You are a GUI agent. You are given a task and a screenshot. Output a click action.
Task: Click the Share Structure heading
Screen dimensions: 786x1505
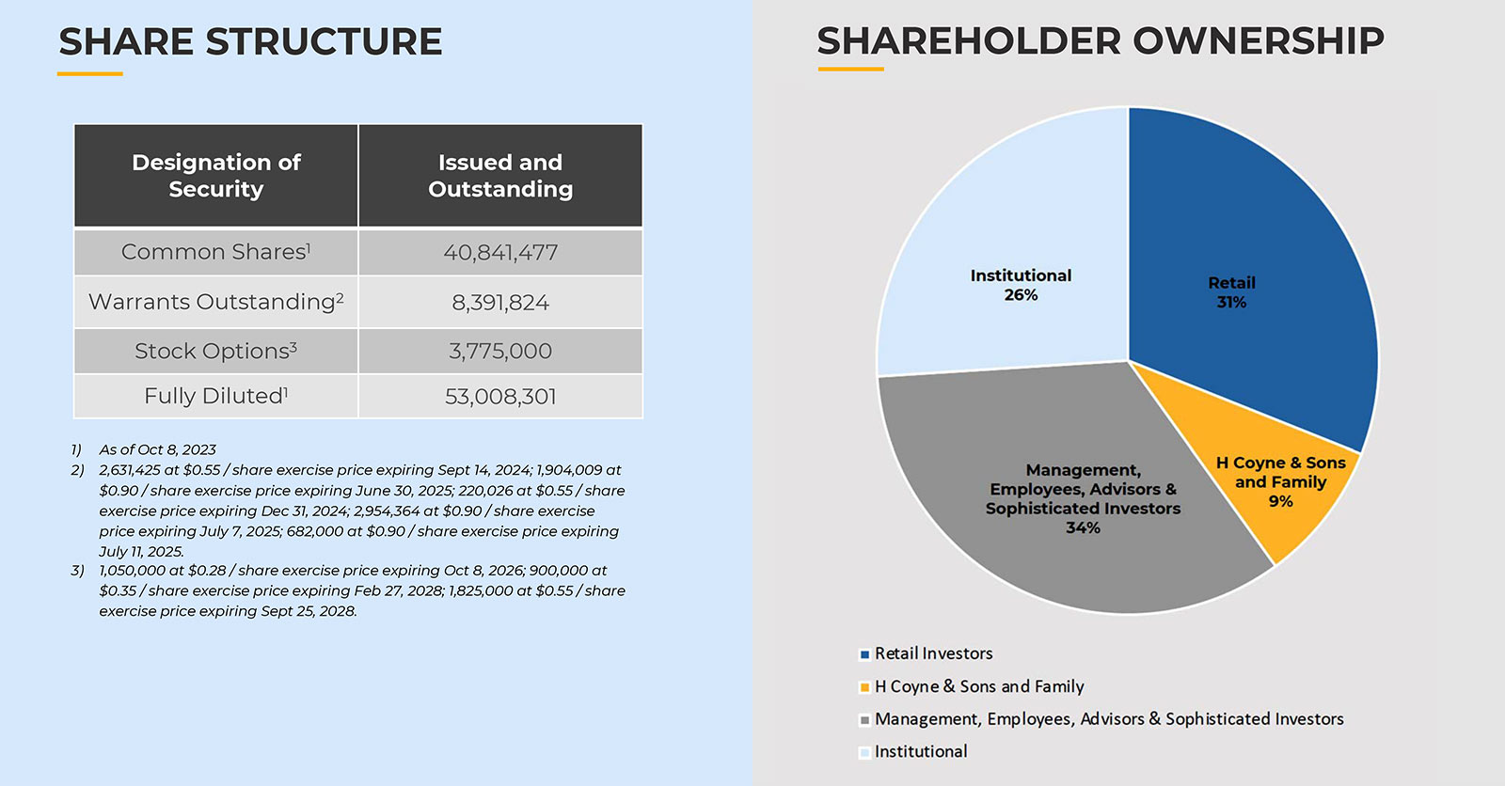pyautogui.click(x=250, y=42)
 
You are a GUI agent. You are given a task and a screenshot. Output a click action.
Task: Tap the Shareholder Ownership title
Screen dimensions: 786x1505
pyautogui.click(x=1100, y=41)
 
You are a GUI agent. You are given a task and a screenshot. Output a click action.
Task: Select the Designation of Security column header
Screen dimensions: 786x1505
pyautogui.click(x=216, y=176)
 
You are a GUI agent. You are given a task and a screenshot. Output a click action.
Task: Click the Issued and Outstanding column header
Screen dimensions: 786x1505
pyautogui.click(x=500, y=176)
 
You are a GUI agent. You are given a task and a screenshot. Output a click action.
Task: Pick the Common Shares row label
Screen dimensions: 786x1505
pyautogui.click(x=215, y=252)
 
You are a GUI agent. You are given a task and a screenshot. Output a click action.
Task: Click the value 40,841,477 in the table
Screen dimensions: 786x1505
pyautogui.click(x=500, y=253)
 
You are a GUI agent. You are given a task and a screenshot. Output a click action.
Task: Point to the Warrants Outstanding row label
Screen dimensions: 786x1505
pyautogui.click(x=215, y=302)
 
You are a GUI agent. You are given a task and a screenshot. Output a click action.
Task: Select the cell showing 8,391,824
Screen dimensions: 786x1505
pyautogui.click(x=500, y=303)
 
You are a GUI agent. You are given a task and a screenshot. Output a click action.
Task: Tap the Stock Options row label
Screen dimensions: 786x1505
pyautogui.click(x=215, y=351)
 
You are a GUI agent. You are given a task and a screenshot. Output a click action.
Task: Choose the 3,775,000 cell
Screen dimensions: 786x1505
pyautogui.click(x=500, y=352)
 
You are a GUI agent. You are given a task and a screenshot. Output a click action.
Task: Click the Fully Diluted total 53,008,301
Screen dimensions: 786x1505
pyautogui.click(x=500, y=397)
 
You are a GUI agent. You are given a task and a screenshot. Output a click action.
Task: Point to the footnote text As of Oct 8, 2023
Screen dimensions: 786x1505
pyautogui.click(x=157, y=449)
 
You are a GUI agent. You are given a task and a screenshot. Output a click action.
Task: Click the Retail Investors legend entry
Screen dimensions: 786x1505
pyautogui.click(x=933, y=653)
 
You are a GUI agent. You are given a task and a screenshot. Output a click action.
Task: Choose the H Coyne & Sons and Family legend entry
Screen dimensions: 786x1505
pyautogui.click(x=978, y=686)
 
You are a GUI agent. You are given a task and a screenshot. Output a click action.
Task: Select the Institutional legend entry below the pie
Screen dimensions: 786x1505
pyautogui.click(x=920, y=751)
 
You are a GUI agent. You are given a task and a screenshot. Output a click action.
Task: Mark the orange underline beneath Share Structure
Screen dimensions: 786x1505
pyautogui.click(x=90, y=72)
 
